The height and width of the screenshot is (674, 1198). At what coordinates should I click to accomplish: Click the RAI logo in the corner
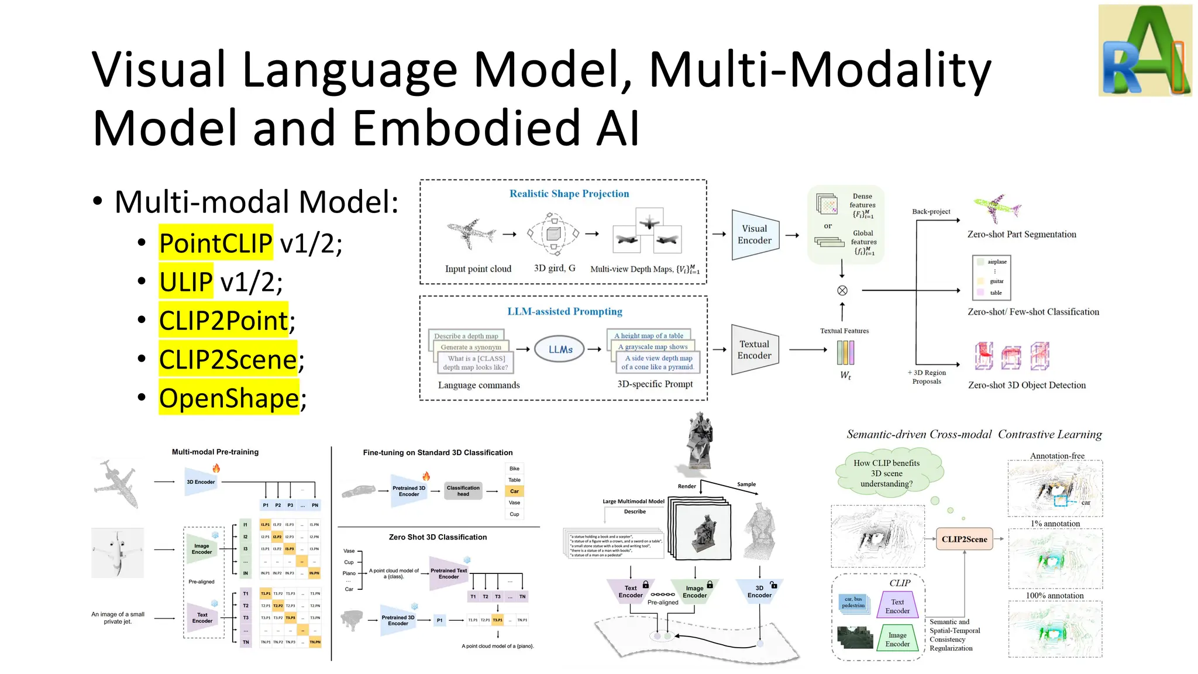click(x=1145, y=50)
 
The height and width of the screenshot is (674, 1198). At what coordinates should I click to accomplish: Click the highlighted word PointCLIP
click(x=215, y=243)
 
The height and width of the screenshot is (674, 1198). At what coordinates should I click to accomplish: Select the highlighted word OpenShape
click(x=229, y=398)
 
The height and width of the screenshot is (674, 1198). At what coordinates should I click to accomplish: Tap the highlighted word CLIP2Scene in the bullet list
click(x=228, y=359)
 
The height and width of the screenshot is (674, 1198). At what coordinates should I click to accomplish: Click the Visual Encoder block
click(x=755, y=235)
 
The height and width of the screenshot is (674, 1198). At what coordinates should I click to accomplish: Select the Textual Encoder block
click(x=755, y=350)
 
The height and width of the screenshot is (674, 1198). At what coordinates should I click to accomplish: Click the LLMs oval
click(x=560, y=349)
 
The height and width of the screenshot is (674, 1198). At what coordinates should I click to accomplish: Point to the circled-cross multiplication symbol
click(x=842, y=290)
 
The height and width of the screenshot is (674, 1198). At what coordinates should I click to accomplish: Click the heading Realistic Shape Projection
click(x=569, y=194)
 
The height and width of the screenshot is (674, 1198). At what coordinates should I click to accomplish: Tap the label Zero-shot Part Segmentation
click(x=1021, y=234)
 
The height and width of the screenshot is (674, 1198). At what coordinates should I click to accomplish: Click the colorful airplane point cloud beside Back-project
click(x=997, y=208)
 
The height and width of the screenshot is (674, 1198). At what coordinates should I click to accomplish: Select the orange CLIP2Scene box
click(x=964, y=539)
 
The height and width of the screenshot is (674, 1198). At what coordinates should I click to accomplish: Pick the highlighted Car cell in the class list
click(x=514, y=491)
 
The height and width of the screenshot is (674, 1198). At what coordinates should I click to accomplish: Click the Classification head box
click(x=463, y=491)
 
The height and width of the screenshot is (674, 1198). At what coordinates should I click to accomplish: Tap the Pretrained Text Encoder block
click(x=449, y=573)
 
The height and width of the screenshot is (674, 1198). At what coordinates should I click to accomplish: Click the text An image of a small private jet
click(x=118, y=618)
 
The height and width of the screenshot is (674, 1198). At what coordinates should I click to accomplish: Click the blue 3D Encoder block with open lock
click(x=759, y=592)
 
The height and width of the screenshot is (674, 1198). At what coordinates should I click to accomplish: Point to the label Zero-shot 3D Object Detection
click(x=1027, y=385)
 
